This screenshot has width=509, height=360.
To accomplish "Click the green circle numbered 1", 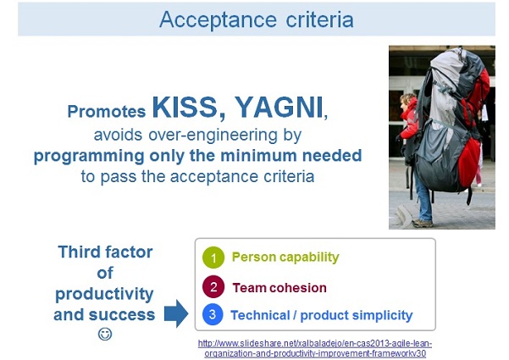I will pyautogui.click(x=213, y=257).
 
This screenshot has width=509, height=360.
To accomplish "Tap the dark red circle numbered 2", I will pyautogui.click(x=213, y=286).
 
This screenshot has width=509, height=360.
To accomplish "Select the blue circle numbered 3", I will pyautogui.click(x=213, y=315).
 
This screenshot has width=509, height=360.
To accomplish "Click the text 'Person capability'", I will pyautogui.click(x=285, y=258).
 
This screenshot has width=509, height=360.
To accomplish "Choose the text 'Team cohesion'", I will pyautogui.click(x=279, y=287).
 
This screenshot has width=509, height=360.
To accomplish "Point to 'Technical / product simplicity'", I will pyautogui.click(x=321, y=316).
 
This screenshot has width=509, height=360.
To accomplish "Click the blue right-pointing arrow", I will pyautogui.click(x=175, y=315).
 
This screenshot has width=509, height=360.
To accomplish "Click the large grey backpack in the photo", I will pyautogui.click(x=448, y=127).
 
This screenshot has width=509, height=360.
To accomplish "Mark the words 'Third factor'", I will pyautogui.click(x=105, y=252).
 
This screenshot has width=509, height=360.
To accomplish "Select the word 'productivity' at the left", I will pyautogui.click(x=104, y=294).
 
